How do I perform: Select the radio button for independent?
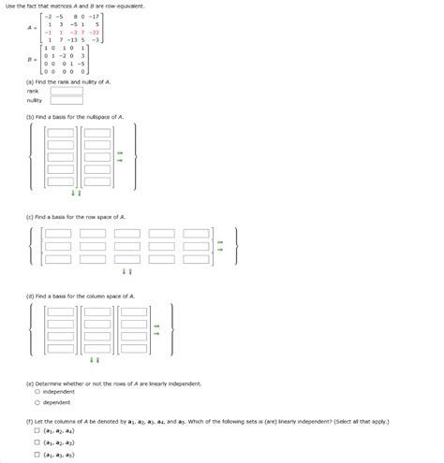(x=37, y=392)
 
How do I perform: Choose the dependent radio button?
(x=37, y=403)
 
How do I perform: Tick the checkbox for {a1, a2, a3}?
(x=37, y=443)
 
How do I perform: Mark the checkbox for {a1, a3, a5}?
(x=37, y=456)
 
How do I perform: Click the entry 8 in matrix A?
(x=75, y=16)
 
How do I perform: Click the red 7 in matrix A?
(x=82, y=32)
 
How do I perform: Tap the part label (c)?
(x=31, y=216)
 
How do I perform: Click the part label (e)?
(x=31, y=383)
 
